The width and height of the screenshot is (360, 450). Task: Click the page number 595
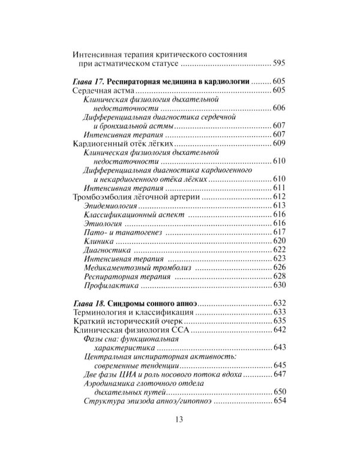281,64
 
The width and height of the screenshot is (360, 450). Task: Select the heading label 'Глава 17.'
92,81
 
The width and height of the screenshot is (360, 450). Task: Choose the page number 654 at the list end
281,400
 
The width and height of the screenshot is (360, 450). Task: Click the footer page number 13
179,419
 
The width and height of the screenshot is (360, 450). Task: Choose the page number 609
281,144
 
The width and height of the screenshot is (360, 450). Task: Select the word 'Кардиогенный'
100,144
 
